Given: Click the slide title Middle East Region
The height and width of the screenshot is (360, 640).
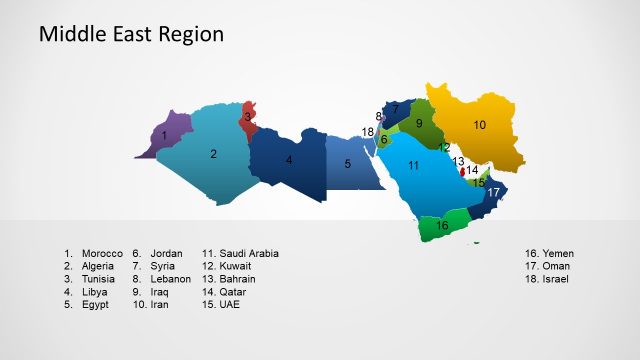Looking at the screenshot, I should (131, 35).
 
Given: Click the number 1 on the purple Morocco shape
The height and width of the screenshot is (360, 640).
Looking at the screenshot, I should (164, 135).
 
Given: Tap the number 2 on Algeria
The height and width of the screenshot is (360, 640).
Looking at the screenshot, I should (213, 154).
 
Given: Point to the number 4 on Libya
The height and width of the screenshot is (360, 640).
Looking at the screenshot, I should (289, 160).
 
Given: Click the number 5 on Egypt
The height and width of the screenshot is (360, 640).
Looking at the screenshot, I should (348, 164).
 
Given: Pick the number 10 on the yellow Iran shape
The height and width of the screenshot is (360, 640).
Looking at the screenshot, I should (480, 125).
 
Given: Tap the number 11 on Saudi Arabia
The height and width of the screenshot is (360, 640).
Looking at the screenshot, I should (412, 165).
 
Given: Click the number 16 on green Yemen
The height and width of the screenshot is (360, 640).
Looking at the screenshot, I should (442, 227).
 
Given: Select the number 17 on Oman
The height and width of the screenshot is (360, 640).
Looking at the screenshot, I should (493, 192).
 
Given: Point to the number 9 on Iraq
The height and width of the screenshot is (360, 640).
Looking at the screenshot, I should (419, 123).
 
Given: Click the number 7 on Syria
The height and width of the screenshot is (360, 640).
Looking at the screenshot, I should (395, 108).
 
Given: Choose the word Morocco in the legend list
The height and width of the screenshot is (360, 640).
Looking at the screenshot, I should (102, 254).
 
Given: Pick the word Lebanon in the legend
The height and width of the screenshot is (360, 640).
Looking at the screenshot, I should (170, 279).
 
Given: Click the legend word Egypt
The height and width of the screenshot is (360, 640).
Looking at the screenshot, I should (95, 304).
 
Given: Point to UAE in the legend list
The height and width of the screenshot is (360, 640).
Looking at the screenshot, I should (230, 304).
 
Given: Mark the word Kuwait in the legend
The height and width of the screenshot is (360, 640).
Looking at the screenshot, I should (235, 267).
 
